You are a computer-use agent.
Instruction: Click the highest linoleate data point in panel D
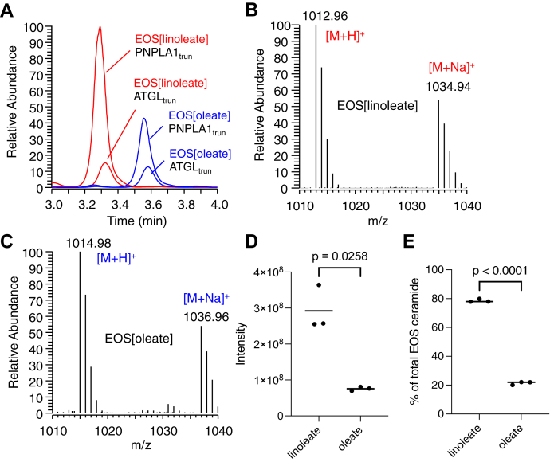[x=319, y=285]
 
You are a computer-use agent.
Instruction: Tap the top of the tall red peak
[x=100, y=27]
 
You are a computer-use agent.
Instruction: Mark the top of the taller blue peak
[x=144, y=119]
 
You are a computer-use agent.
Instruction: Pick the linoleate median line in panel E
[x=479, y=302]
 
